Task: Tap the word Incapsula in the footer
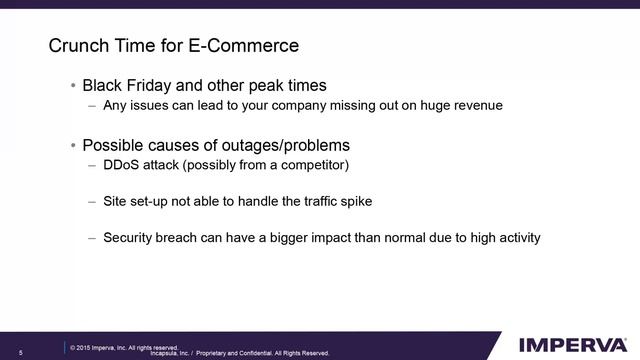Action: pyautogui.click(x=167, y=353)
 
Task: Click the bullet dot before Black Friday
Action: pyautogui.click(x=73, y=86)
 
